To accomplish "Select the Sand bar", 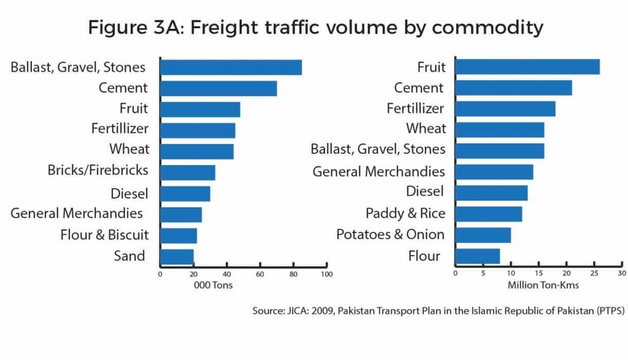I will coord(177,256).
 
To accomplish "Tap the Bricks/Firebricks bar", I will coord(188,172).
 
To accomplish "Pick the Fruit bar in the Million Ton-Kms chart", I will coord(527,67).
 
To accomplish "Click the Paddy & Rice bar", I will coord(489,213).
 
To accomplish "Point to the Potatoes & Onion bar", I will coord(483,235).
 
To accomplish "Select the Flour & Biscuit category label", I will coord(104,235).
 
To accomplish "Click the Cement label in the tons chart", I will coord(123,88).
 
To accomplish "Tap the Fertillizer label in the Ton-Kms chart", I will coord(415,109).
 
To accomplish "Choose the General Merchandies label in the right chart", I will coord(379,172).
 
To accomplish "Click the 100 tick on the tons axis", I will coord(327,274).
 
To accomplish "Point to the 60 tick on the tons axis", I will coord(260,274).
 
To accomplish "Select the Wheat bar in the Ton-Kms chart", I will coord(500,130).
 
